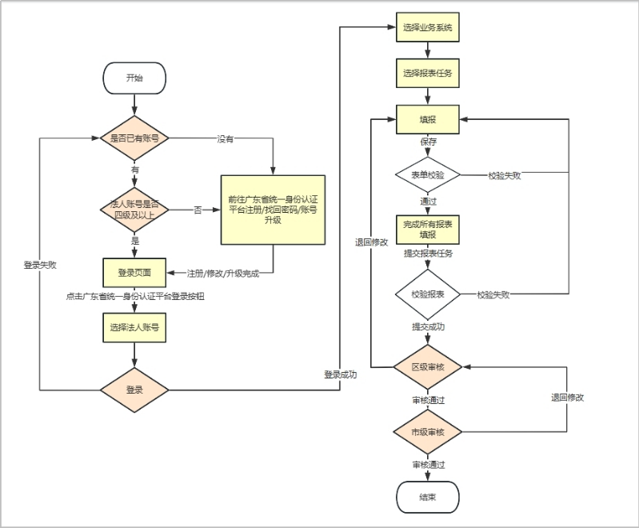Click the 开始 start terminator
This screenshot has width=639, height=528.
(134, 78)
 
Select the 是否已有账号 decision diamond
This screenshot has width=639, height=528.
(134, 138)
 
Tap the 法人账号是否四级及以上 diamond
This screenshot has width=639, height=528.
(134, 210)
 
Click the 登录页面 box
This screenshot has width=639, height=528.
(134, 273)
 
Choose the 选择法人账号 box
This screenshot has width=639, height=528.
(134, 326)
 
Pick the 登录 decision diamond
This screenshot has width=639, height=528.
(134, 390)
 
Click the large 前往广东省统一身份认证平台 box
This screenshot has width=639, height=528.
(274, 210)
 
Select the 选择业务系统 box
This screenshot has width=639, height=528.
(428, 28)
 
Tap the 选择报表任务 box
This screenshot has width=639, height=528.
(428, 73)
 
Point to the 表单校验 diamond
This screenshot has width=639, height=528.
(428, 174)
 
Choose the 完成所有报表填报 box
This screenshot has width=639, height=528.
(428, 229)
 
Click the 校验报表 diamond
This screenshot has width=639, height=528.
(428, 294)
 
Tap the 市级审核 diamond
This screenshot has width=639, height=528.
(428, 432)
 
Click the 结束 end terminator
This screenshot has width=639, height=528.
(428, 497)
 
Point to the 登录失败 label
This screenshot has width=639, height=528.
(40, 265)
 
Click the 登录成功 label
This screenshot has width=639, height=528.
(340, 374)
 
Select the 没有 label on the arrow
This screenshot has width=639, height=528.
(226, 138)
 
